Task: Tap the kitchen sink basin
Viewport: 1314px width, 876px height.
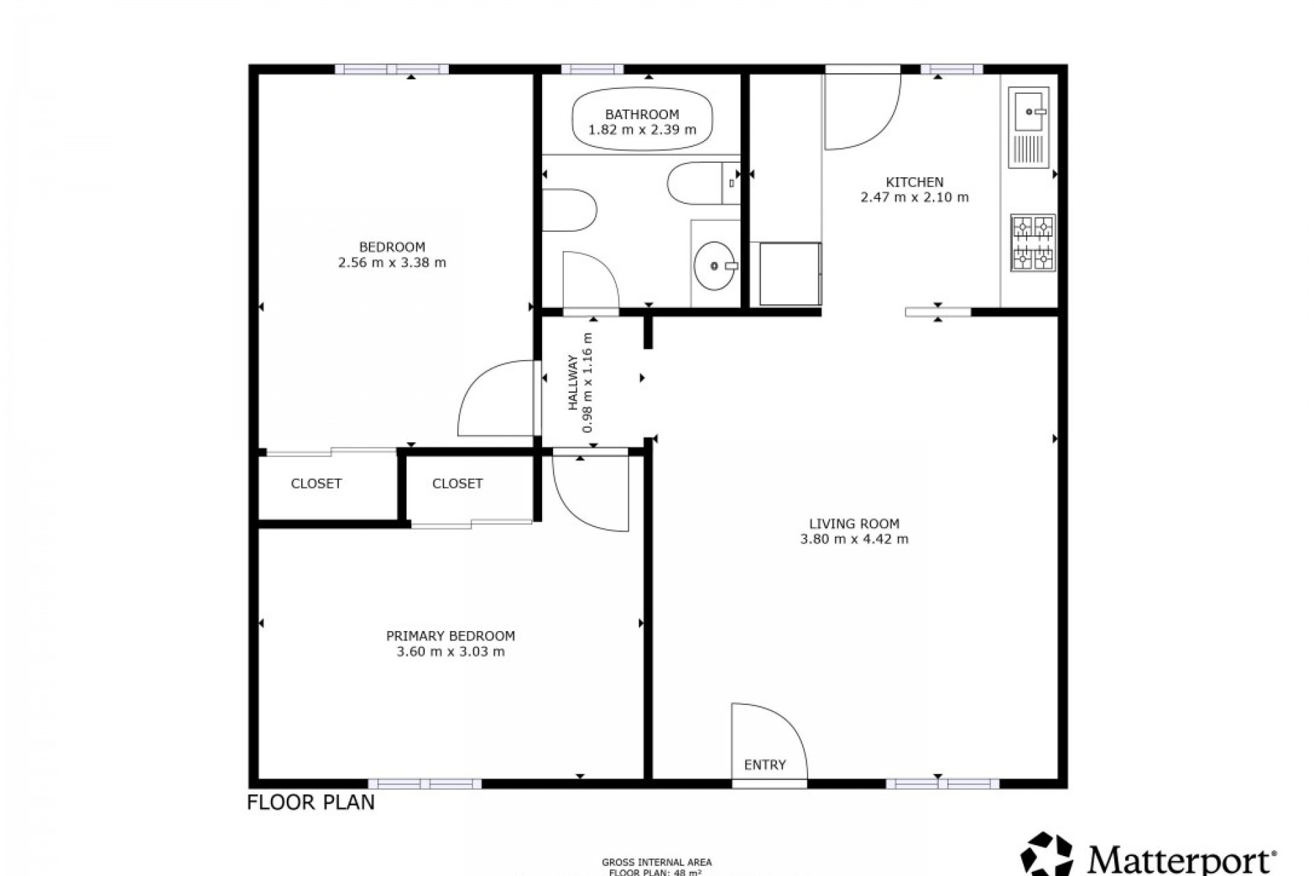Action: click(x=1028, y=110)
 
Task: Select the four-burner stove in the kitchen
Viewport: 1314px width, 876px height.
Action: click(x=1033, y=242)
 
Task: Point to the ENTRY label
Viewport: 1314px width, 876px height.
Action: click(x=764, y=764)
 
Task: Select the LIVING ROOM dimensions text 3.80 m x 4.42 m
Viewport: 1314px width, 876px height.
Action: click(x=854, y=539)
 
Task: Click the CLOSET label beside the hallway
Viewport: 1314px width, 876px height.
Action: click(x=457, y=484)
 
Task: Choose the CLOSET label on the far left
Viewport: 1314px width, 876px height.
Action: click(x=315, y=484)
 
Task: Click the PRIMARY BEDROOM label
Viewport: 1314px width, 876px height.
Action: click(x=450, y=636)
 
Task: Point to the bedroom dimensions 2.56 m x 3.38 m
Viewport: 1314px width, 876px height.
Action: click(x=392, y=262)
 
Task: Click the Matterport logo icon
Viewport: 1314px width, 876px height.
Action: click(x=1047, y=854)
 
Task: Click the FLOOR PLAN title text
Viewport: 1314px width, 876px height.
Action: click(x=311, y=802)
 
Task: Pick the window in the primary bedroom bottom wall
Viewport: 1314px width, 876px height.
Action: click(x=424, y=784)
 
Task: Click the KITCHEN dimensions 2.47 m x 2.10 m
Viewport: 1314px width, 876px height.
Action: click(x=914, y=198)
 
